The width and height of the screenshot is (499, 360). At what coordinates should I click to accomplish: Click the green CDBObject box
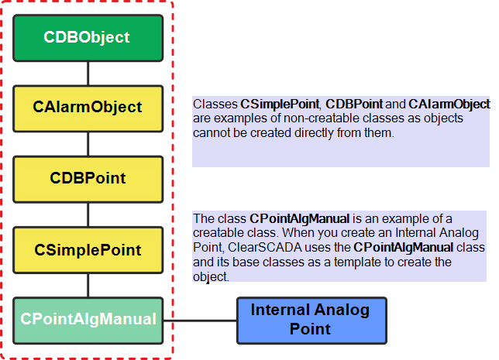[88, 38]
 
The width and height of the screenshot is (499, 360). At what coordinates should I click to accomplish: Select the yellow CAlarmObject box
[88, 108]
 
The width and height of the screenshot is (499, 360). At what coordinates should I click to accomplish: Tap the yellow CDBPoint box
[88, 180]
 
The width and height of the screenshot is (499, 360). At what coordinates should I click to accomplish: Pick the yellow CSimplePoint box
[88, 250]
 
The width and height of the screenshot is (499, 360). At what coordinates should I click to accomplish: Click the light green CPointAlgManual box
[88, 321]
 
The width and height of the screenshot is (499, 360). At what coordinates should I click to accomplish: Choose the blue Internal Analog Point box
[311, 321]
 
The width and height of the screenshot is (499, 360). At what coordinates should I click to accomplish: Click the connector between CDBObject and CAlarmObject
[88, 74]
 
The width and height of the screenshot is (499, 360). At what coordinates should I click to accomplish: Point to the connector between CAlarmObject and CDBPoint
[88, 144]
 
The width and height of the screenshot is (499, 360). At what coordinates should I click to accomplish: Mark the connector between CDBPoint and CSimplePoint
[88, 214]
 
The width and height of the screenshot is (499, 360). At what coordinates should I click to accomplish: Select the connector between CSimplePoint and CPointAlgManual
[88, 285]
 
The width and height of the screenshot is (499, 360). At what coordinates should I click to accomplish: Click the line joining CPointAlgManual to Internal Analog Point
[200, 321]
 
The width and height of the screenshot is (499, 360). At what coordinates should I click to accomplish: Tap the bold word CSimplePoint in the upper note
[280, 105]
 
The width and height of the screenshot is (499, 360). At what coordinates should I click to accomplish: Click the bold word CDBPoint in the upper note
[354, 105]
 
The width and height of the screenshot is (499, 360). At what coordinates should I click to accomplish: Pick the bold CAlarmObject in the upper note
[449, 105]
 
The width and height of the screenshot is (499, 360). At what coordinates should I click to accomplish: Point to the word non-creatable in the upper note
[322, 118]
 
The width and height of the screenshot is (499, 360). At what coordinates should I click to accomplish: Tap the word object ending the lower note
[210, 276]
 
